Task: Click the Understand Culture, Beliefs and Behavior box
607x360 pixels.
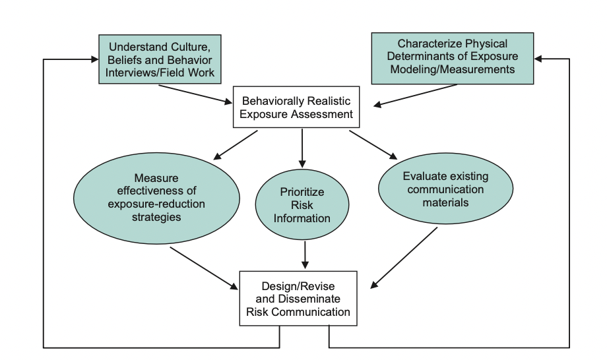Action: click(160, 59)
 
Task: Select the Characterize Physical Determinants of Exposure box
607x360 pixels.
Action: click(453, 59)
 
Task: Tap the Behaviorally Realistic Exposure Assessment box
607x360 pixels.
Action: click(296, 107)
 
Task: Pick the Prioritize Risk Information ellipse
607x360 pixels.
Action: click(302, 205)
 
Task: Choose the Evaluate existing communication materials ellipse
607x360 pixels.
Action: click(445, 189)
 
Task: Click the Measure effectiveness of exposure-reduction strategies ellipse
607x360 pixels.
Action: click(156, 198)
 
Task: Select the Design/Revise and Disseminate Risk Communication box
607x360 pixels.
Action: click(298, 299)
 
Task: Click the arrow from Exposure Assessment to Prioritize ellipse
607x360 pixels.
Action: click(302, 148)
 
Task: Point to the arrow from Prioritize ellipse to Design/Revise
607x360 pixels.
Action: click(305, 255)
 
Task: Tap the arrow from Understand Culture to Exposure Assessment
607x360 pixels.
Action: click(195, 94)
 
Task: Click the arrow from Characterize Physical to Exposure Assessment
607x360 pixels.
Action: click(415, 95)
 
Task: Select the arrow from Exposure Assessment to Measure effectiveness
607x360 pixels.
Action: click(236, 145)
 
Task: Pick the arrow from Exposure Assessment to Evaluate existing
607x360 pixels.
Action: click(373, 145)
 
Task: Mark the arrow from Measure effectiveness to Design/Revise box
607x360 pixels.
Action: click(204, 268)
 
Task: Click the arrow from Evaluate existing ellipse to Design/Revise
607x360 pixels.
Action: click(404, 258)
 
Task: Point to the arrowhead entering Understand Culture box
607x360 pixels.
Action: click(94, 59)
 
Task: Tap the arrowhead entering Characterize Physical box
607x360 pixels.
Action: click(538, 59)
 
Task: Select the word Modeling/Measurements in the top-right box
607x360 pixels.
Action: click(453, 69)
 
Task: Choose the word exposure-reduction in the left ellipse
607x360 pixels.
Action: click(156, 204)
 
